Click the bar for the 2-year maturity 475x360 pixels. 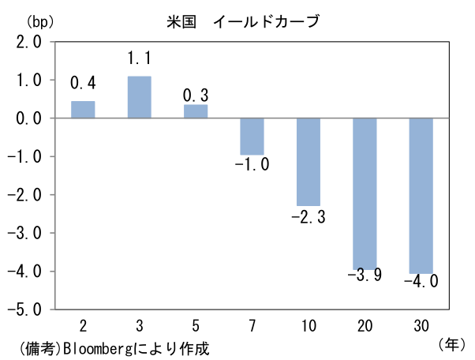(83, 110)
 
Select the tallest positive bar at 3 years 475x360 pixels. (140, 97)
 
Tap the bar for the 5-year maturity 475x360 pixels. (196, 111)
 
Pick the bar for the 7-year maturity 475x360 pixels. (252, 137)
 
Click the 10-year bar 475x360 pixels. (309, 162)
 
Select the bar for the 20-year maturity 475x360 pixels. (365, 193)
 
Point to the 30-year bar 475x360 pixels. (421, 196)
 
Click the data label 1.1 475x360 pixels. (140, 58)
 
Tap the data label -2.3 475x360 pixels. (309, 217)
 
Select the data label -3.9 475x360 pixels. (365, 276)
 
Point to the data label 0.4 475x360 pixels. (83, 83)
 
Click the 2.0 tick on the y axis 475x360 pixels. (28, 42)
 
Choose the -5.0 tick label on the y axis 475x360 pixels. (24, 309)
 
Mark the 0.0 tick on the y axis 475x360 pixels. (28, 118)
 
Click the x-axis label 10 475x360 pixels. (309, 326)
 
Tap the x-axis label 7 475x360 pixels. (252, 326)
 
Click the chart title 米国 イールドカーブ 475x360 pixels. (243, 21)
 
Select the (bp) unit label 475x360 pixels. (40, 22)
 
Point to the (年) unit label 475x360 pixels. (451, 344)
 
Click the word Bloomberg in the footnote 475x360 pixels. (98, 349)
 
